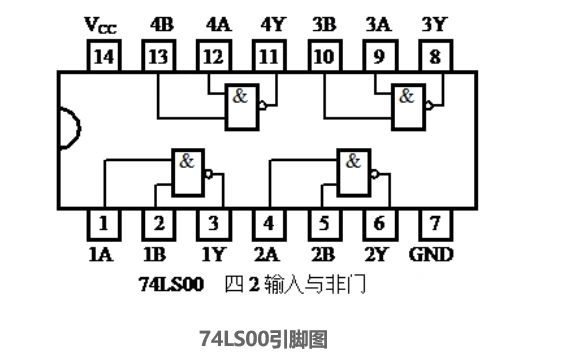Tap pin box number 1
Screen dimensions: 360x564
click(x=103, y=223)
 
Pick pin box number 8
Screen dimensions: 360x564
click(x=433, y=57)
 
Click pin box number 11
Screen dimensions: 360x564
click(x=267, y=57)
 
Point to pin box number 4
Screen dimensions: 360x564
click(x=267, y=223)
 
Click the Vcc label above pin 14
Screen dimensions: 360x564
click(x=101, y=23)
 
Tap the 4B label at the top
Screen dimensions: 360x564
click(x=160, y=23)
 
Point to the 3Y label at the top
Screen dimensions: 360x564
click(x=433, y=23)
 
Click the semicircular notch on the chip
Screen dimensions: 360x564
click(x=68, y=131)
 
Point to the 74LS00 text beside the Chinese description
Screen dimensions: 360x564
click(x=171, y=285)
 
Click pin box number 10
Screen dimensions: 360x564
click(x=323, y=57)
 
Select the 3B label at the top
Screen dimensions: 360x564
click(x=323, y=23)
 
